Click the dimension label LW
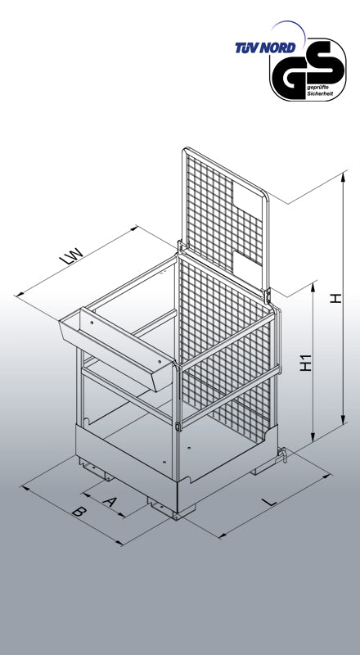tap(72, 256)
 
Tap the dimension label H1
tap(306, 363)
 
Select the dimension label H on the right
tap(335, 298)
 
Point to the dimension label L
tap(272, 501)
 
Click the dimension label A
tap(109, 501)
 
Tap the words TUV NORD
tap(265, 47)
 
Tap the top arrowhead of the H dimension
tap(344, 176)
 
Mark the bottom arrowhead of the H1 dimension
tap(313, 437)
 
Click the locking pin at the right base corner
tap(283, 454)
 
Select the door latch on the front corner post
tap(178, 427)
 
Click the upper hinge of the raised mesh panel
tap(180, 247)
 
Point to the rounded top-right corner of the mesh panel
tap(265, 195)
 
